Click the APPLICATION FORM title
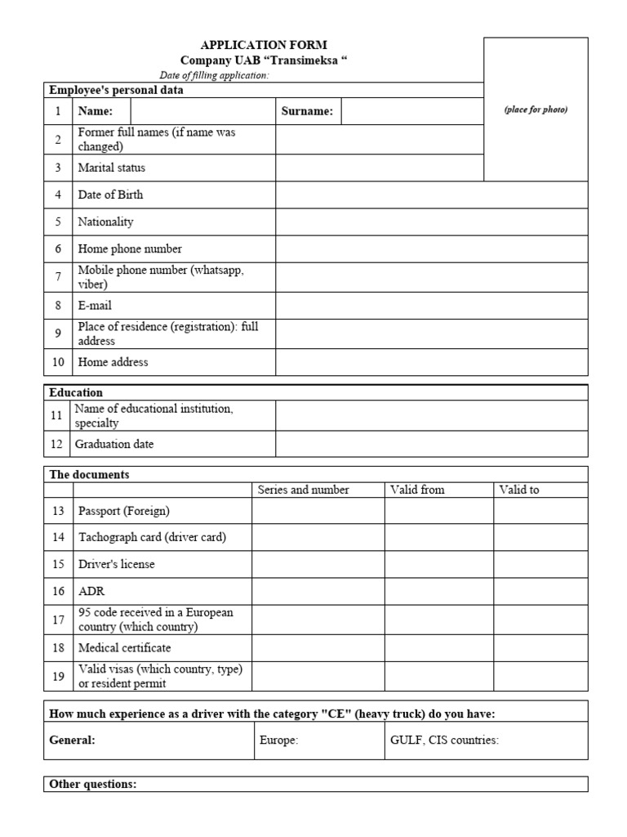[264, 46]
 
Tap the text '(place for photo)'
[536, 110]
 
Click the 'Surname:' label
[307, 112]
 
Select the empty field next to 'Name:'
[202, 112]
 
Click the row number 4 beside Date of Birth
[58, 195]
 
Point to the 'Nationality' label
[105, 222]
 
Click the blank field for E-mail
[431, 306]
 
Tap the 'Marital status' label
[112, 168]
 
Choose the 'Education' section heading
[76, 392]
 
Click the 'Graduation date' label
[114, 445]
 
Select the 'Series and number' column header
[303, 490]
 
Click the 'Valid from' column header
[417, 490]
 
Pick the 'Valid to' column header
[519, 490]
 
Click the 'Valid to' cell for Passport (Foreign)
[540, 511]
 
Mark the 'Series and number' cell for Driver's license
[318, 565]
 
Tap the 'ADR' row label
[91, 591]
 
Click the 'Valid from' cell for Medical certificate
[439, 648]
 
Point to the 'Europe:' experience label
[279, 741]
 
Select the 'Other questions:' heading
[93, 785]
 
